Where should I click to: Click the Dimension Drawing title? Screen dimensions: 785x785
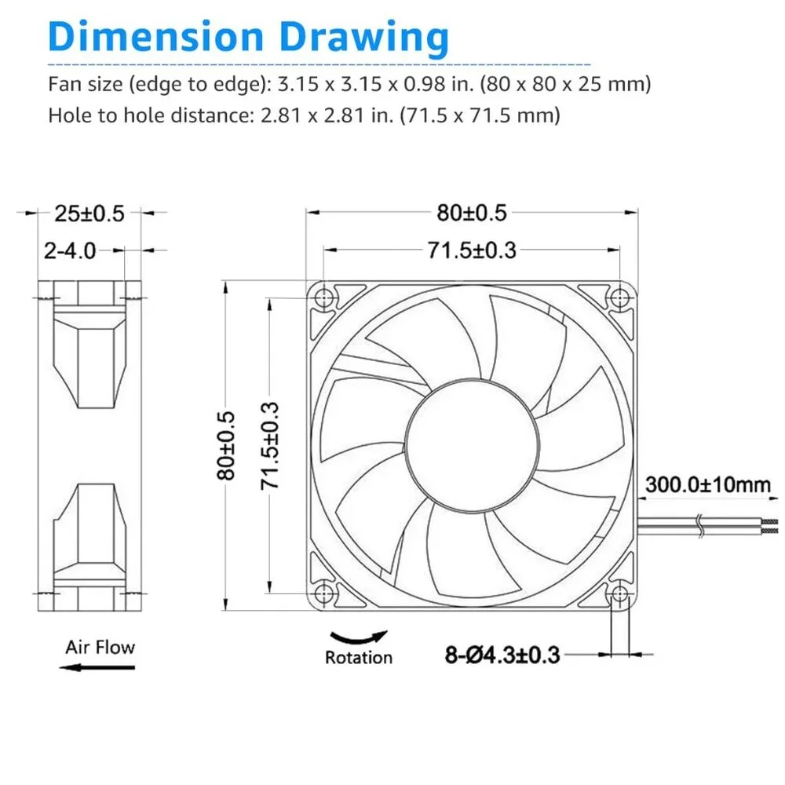(249, 37)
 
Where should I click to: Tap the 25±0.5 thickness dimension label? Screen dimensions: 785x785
(89, 213)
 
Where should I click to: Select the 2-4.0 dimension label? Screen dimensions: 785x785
(70, 251)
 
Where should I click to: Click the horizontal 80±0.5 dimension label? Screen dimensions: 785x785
(472, 213)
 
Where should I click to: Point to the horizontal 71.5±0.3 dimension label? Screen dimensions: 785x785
(472, 250)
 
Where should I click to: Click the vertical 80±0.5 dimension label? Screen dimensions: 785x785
(227, 445)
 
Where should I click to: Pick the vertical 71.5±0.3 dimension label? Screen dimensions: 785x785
(271, 445)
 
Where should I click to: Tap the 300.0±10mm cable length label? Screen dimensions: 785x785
(707, 484)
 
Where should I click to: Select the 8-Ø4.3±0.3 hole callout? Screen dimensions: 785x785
(502, 654)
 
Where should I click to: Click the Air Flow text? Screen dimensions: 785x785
(100, 648)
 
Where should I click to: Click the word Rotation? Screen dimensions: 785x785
(359, 657)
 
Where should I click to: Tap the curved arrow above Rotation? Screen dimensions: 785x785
(359, 637)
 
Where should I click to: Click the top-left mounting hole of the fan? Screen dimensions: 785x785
(324, 297)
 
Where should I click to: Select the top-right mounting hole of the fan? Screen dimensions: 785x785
(620, 297)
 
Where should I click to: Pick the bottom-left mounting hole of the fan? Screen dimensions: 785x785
(324, 593)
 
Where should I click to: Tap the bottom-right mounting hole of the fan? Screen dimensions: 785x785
(620, 593)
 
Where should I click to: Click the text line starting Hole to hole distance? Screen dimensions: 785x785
(304, 115)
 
